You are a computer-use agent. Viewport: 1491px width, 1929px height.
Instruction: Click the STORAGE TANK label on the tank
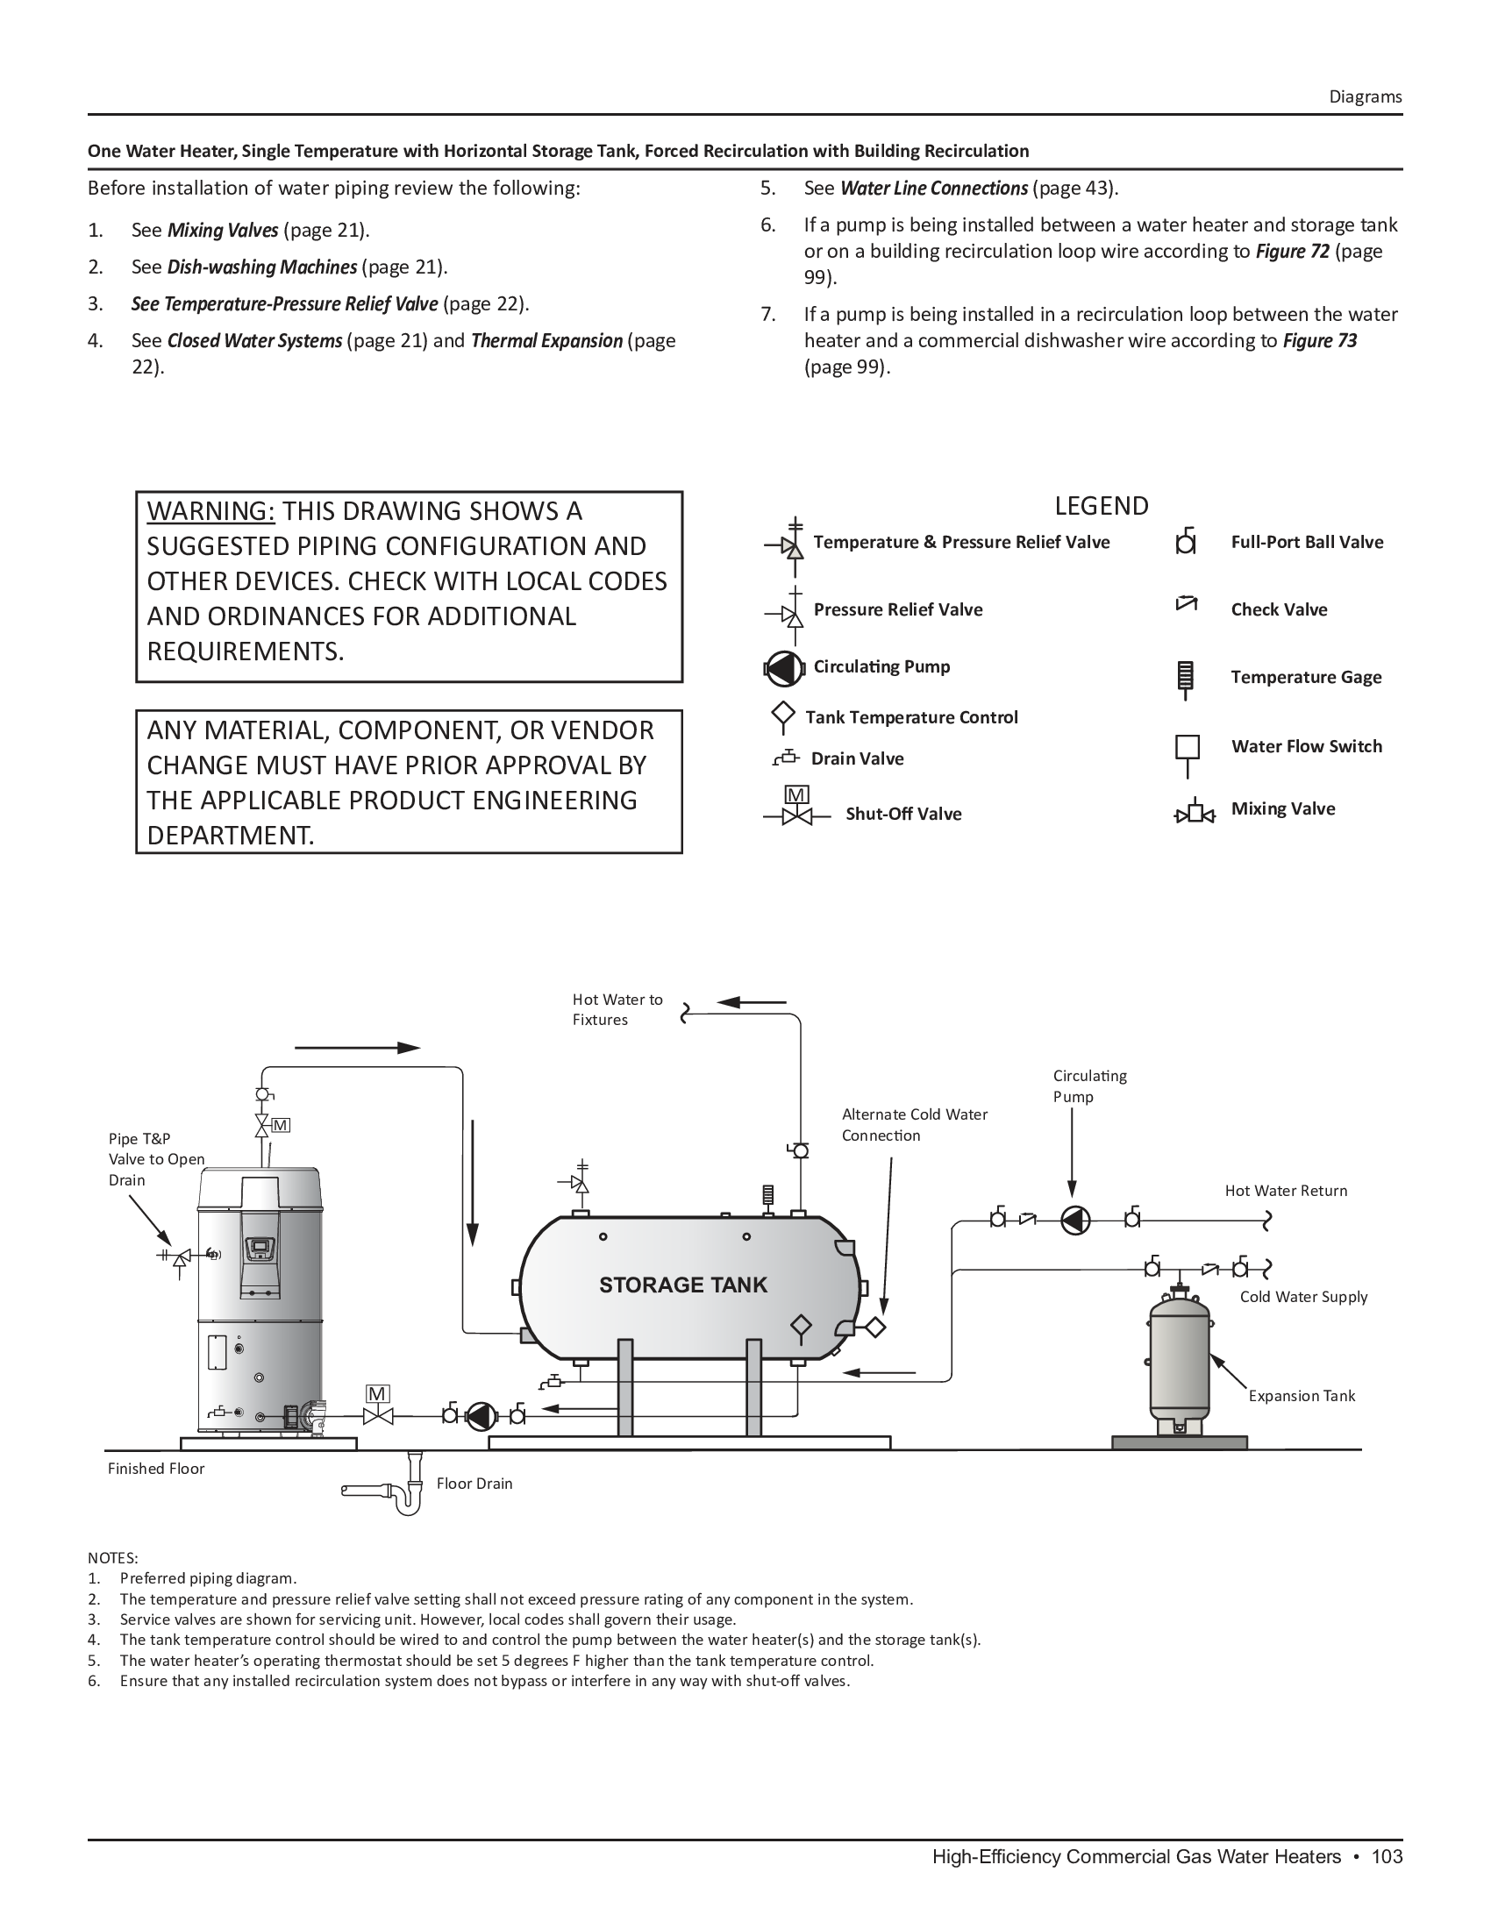coord(682,1285)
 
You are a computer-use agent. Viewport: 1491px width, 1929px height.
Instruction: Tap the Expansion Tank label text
coord(1301,1396)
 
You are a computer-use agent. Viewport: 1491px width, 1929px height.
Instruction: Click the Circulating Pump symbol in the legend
coord(783,669)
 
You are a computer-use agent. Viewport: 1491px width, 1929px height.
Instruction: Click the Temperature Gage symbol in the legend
coord(1187,679)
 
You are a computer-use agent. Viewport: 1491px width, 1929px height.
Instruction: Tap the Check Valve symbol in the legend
coord(1187,605)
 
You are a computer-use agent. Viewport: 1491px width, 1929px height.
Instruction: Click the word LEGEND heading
coord(1102,506)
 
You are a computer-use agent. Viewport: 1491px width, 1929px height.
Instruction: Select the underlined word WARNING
coord(211,511)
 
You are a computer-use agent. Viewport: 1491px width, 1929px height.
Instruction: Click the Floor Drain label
coord(474,1483)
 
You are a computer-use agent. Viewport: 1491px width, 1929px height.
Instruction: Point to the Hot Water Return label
coord(1285,1191)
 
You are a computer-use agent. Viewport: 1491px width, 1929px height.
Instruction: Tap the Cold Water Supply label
coord(1302,1297)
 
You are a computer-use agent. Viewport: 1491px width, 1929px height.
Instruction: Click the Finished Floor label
coord(156,1468)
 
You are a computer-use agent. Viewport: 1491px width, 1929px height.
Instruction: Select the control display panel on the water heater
coord(260,1248)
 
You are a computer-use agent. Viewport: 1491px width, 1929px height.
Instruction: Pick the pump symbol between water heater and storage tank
coord(482,1416)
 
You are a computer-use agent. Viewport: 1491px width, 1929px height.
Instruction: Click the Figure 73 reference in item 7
coord(1320,341)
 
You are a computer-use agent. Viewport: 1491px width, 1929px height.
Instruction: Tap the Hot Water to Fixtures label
coord(617,1009)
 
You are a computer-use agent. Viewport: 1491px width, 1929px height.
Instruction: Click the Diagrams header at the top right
coord(1365,97)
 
